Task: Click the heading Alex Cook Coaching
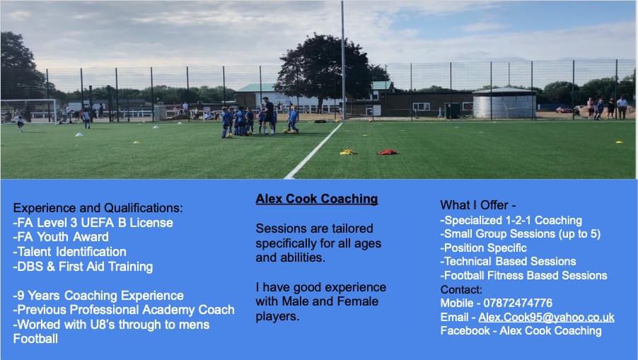(317, 199)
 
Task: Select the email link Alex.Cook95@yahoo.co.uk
(546, 317)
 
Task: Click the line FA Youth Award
(61, 237)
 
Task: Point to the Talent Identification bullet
(69, 252)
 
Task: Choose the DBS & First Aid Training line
(83, 267)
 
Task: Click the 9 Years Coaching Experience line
(98, 296)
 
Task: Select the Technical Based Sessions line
(508, 261)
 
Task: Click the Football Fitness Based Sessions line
(523, 275)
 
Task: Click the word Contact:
(461, 289)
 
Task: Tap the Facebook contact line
(521, 330)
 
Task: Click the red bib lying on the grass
(387, 151)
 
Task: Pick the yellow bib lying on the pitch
(347, 151)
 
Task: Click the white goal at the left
(28, 110)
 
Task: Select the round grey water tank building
(504, 104)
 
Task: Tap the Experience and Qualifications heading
(98, 208)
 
